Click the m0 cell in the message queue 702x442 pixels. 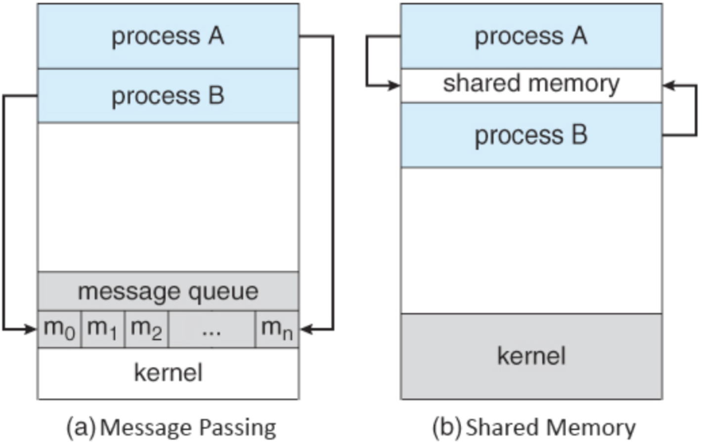coord(59,329)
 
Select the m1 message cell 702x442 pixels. coord(103,329)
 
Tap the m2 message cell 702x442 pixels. coord(146,329)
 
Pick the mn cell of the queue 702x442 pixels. coord(277,329)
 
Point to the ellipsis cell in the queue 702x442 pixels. coord(212,329)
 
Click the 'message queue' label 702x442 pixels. coord(168,292)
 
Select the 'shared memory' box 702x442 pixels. coord(531,85)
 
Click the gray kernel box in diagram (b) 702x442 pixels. coord(531,356)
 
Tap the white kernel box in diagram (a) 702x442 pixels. coord(168,373)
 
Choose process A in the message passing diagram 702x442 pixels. coord(168,36)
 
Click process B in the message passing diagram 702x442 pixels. coord(168,95)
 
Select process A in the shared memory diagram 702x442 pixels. coord(531,36)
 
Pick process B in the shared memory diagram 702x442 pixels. coord(531,135)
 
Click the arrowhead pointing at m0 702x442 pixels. coord(31,329)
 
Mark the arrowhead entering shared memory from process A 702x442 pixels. coord(394,85)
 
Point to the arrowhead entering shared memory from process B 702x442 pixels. coord(669,85)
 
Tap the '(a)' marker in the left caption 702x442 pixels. coord(81,428)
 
